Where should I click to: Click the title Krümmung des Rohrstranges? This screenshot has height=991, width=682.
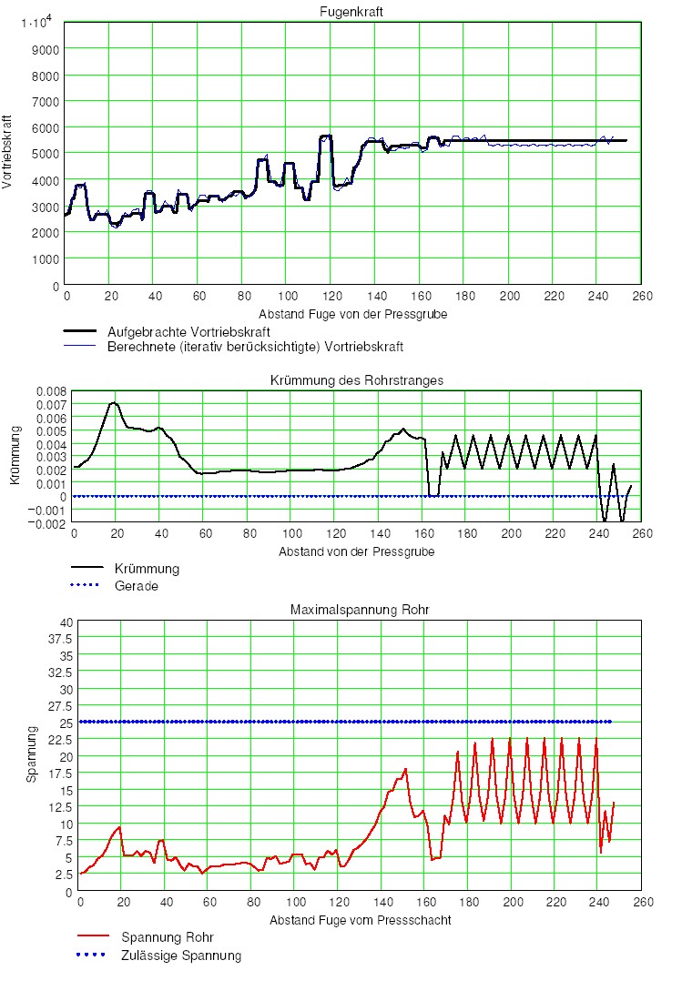point(357,380)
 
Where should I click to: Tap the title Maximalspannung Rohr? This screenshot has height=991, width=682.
point(357,610)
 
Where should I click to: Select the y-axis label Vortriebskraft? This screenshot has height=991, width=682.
point(8,152)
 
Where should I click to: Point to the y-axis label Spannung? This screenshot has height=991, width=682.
point(30,755)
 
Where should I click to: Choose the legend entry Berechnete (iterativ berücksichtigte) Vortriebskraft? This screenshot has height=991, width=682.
point(255,347)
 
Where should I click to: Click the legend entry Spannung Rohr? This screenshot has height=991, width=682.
point(168,937)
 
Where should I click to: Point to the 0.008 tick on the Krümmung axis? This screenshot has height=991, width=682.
point(51,391)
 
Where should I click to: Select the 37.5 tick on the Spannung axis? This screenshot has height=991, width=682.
point(59,638)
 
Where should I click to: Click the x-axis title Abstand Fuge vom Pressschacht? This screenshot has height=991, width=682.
point(360,920)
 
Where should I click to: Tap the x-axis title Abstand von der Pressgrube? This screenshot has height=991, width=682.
point(357,551)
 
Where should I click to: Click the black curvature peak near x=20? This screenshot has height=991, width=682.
point(114,402)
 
